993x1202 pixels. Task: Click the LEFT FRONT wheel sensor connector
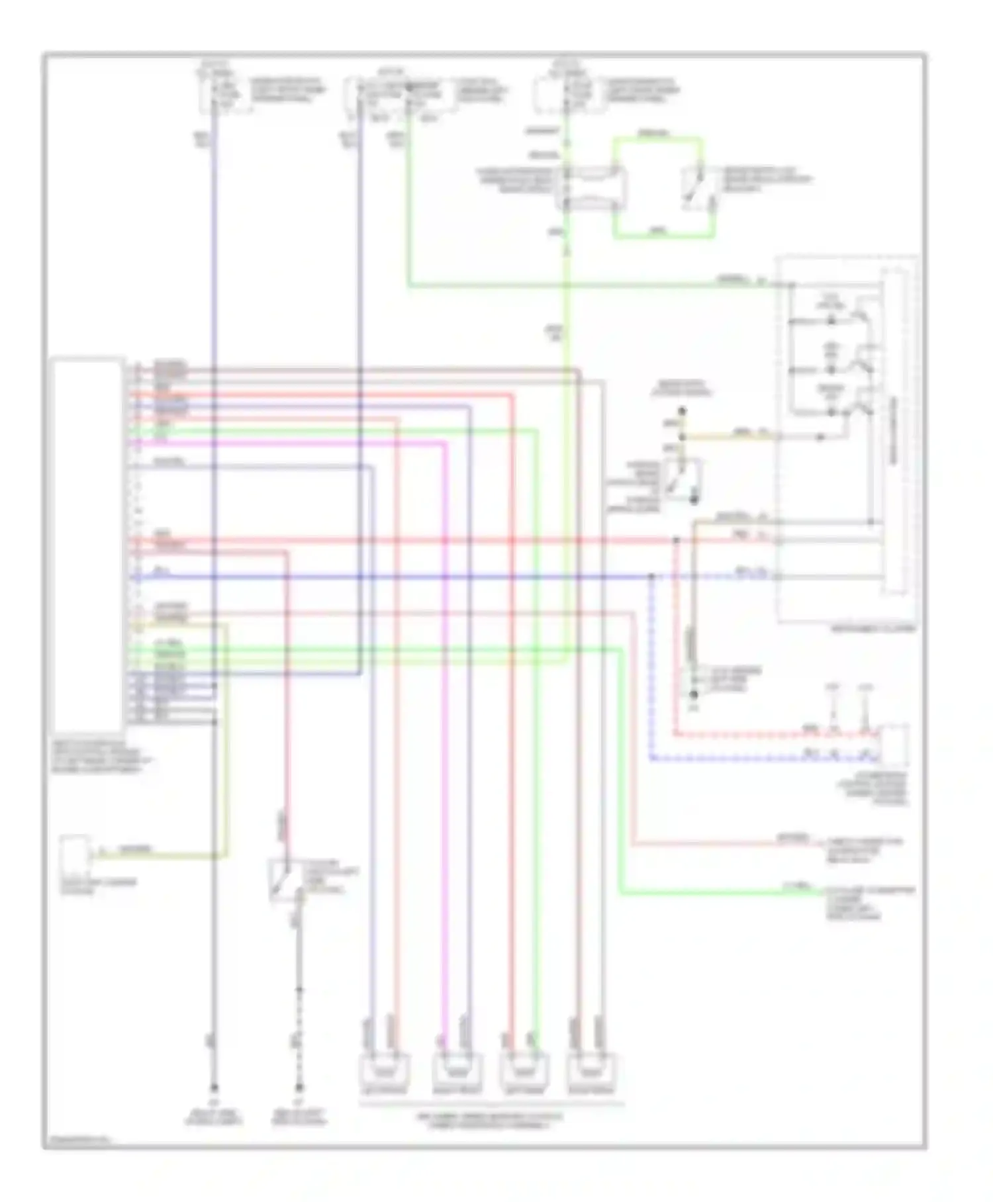pos(384,1067)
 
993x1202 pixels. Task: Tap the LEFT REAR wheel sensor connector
pos(525,1067)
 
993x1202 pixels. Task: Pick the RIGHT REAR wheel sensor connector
pos(592,1067)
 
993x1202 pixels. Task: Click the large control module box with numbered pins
pos(87,543)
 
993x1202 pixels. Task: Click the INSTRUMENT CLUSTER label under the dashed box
pos(874,628)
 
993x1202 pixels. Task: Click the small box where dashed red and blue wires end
pos(894,745)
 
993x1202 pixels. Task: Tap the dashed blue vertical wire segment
pos(651,669)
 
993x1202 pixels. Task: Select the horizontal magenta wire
pos(291,443)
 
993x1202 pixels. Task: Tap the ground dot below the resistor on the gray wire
pos(692,695)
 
